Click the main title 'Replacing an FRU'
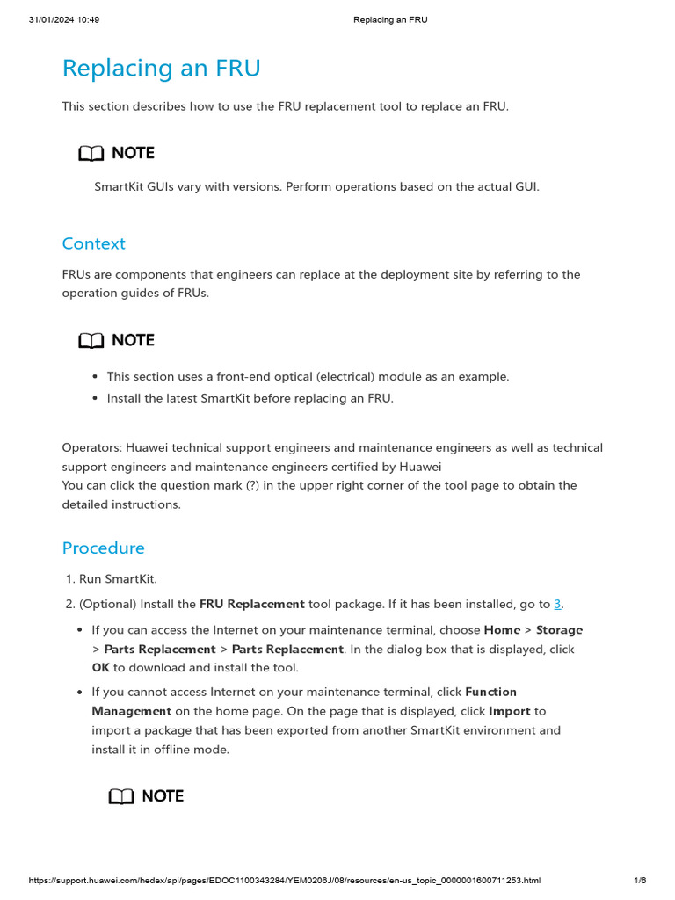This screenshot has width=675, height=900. pos(161,69)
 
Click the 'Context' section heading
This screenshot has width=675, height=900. pos(93,243)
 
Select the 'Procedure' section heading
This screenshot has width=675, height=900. pos(103,548)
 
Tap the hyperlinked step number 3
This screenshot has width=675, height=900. pos(557,604)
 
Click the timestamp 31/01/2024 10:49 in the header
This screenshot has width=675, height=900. pos(64,19)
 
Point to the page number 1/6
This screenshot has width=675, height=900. pos(640,881)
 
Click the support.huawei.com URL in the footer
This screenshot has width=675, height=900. pos(285,881)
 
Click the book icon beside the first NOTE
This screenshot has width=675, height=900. pos(91,154)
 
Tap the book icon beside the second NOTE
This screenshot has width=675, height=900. pos(91,341)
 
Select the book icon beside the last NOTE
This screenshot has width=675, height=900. pos(121,797)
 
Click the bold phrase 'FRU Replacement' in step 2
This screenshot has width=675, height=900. pos(252,604)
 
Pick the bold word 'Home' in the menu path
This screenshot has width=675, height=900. pos(502,630)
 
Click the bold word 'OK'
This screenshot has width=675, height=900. pos(101,668)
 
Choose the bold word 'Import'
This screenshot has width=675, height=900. pos(510,711)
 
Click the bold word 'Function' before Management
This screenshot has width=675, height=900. pos(490,692)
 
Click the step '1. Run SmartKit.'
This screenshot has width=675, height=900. pos(112,578)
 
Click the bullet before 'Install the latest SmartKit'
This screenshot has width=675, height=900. pos(95,398)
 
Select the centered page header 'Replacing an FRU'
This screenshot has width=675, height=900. pos(390,19)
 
